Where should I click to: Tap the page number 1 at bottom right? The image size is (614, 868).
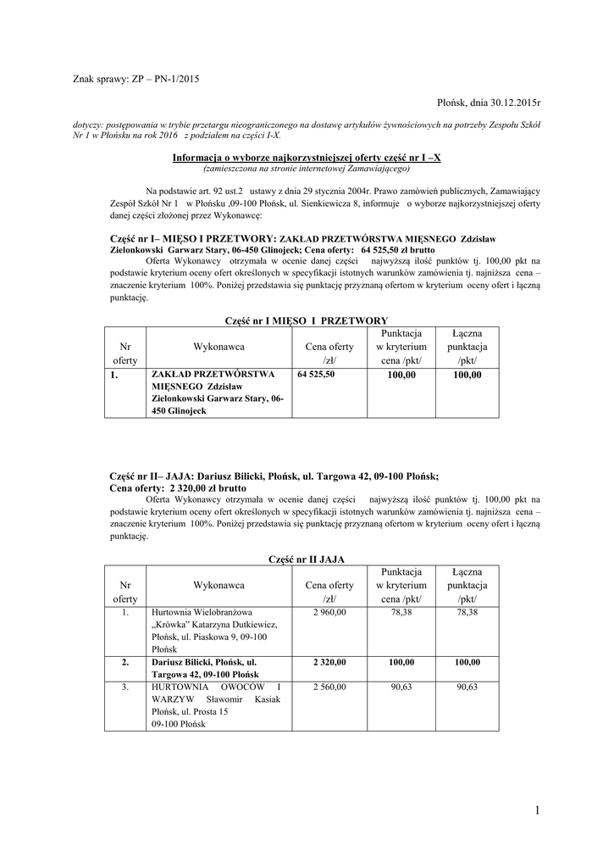[x=536, y=811]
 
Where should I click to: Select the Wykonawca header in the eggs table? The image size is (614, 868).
[x=218, y=585]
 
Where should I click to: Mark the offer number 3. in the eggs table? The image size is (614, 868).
[x=124, y=687]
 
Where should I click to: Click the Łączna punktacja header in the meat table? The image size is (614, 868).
[x=467, y=347]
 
